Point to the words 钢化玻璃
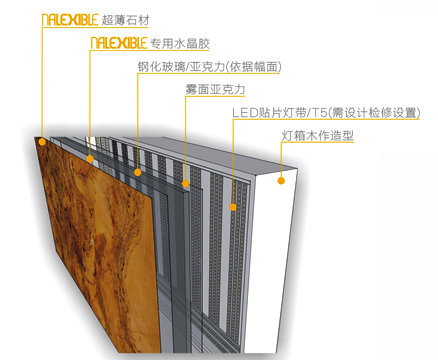[159, 68]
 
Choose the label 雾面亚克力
[214, 92]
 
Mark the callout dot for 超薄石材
[43, 141]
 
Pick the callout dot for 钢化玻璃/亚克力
[138, 171]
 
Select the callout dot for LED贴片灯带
[232, 207]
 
